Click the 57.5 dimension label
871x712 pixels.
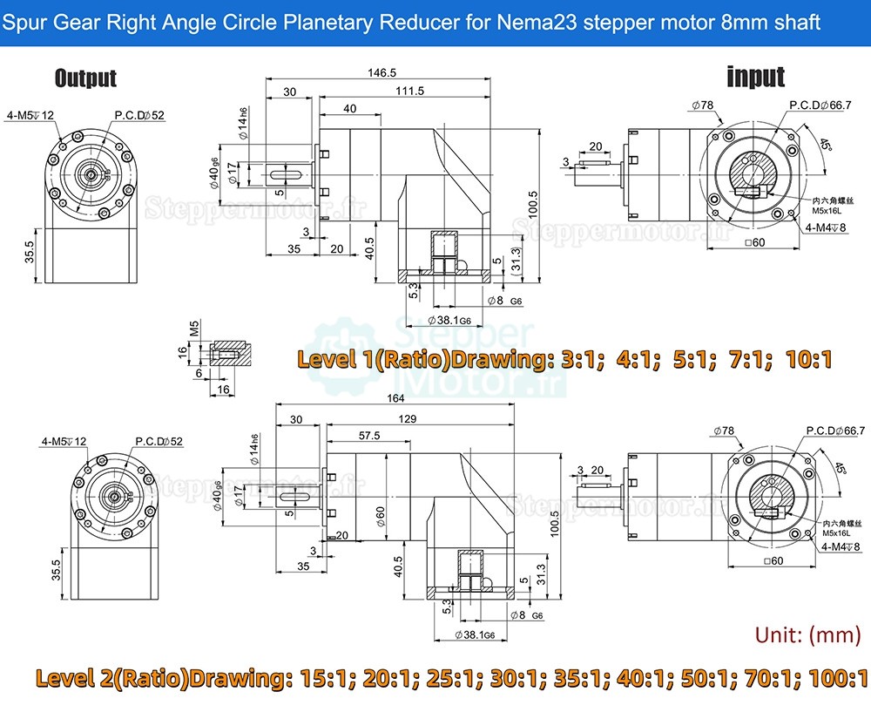369,436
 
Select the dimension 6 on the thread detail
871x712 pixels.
199,372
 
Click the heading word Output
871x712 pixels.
85,78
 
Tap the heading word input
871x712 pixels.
755,77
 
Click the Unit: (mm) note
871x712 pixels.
807,634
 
